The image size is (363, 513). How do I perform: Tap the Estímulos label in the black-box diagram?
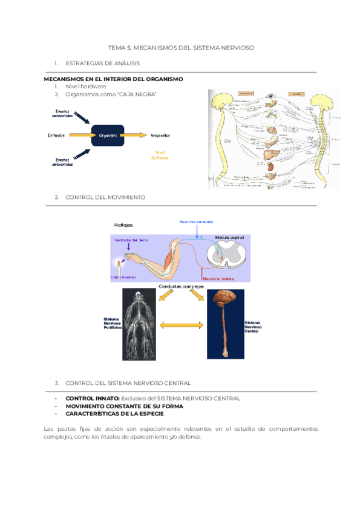click(x=56, y=136)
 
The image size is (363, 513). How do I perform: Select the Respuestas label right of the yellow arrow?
click(x=160, y=136)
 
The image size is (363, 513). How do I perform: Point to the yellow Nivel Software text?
click(x=160, y=155)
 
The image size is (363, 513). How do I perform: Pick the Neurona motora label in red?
click(x=218, y=279)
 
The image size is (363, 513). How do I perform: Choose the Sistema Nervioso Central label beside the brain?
click(x=253, y=327)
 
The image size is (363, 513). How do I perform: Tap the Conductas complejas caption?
click(x=180, y=286)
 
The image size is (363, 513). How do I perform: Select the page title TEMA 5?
click(x=181, y=47)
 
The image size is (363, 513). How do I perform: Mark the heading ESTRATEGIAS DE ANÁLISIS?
click(x=102, y=63)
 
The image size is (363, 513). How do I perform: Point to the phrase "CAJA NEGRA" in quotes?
click(x=139, y=94)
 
